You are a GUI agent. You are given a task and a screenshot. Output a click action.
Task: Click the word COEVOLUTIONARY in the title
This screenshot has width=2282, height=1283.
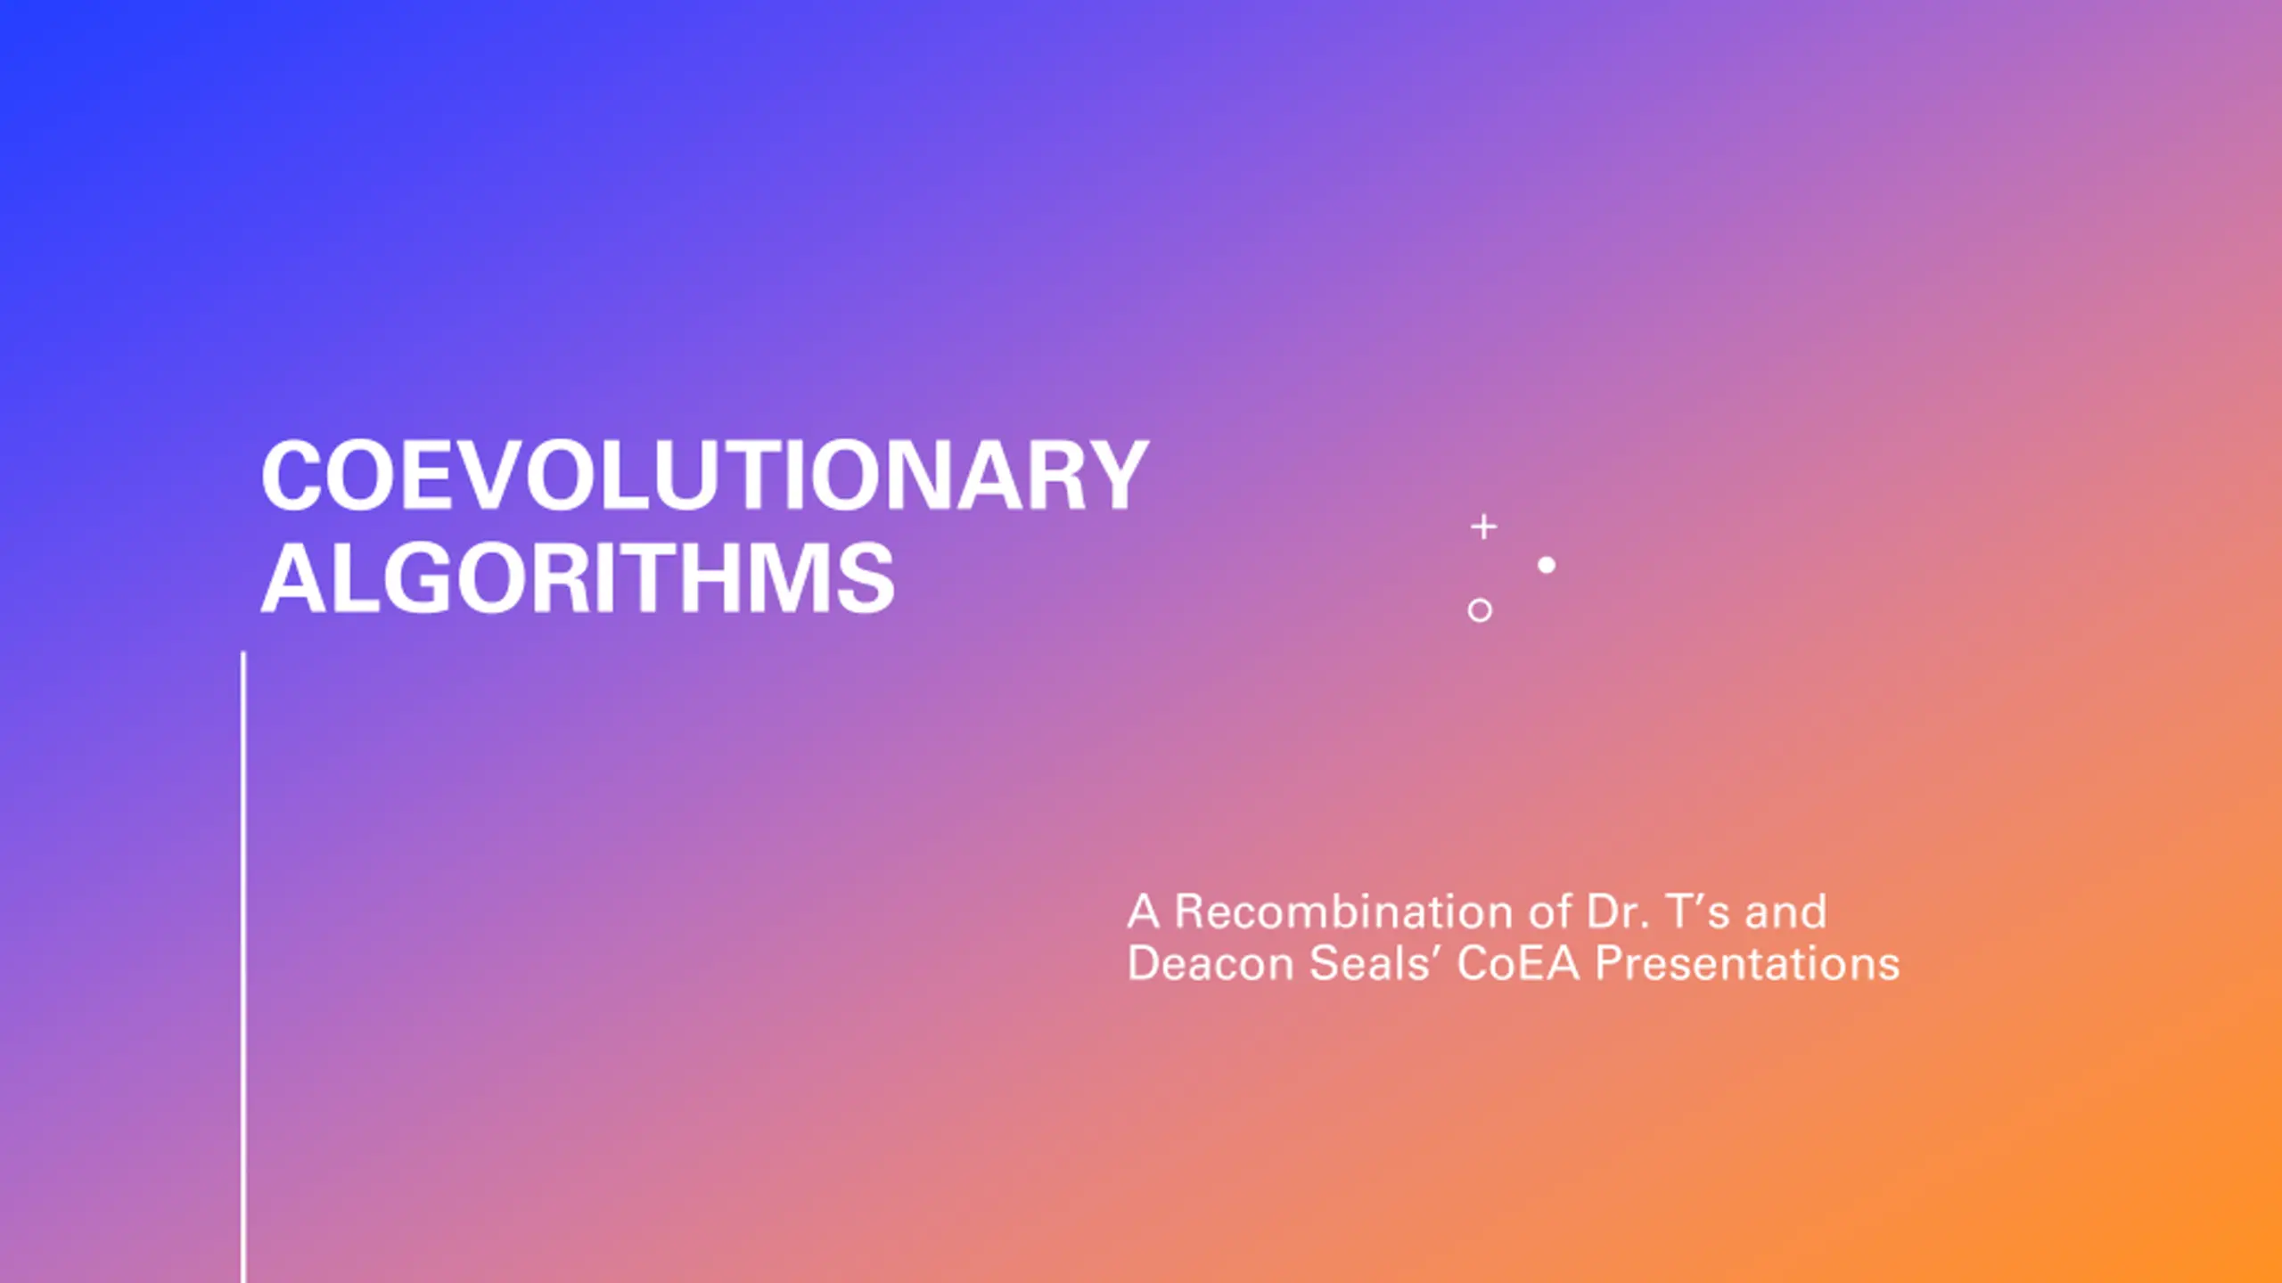(704, 476)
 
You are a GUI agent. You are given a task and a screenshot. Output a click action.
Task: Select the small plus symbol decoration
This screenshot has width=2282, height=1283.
(1483, 527)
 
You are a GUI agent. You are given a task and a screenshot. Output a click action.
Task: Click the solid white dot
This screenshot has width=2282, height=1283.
(1547, 565)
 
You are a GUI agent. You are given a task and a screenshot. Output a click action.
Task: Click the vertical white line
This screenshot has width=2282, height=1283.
(243, 968)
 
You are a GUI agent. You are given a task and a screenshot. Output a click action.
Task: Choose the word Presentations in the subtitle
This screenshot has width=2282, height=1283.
(1748, 964)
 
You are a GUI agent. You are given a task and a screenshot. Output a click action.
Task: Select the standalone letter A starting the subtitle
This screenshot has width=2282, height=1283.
(1144, 911)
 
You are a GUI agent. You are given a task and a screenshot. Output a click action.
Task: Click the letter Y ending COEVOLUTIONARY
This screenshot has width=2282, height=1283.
(1116, 476)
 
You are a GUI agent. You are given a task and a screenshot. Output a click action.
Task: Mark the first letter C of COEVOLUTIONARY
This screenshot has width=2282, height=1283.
(292, 476)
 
